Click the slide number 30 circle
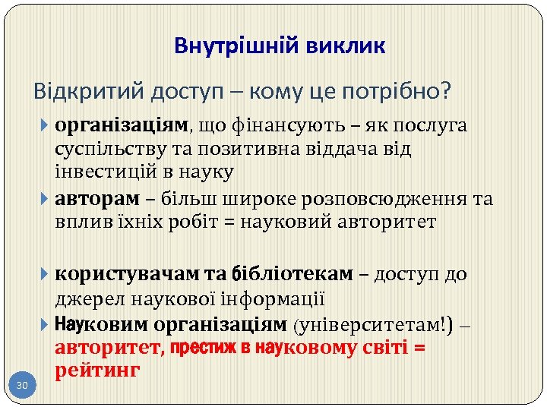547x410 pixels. (23, 386)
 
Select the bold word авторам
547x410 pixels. (97, 199)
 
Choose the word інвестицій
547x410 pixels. (97, 172)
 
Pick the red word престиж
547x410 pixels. (201, 348)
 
